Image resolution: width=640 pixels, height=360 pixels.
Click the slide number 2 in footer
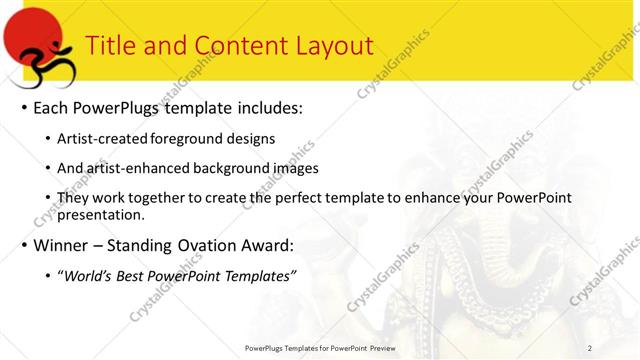[x=590, y=347]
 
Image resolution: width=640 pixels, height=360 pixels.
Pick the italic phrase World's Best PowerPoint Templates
[x=180, y=275]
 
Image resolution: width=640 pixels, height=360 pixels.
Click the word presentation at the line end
[x=103, y=214]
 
